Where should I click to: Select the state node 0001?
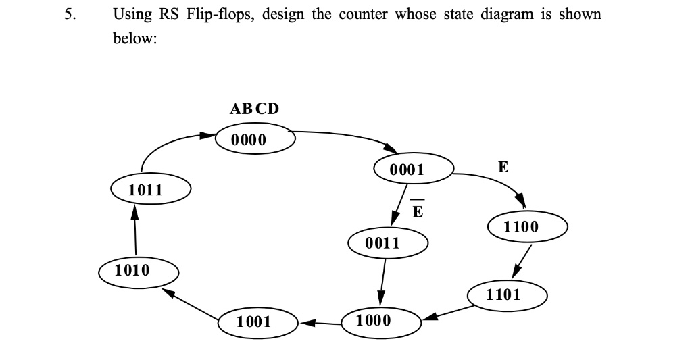click(413, 170)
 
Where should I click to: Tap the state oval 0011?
click(388, 242)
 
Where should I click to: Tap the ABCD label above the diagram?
click(254, 109)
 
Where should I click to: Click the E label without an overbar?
click(502, 167)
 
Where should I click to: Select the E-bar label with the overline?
click(418, 211)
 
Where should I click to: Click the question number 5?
click(68, 14)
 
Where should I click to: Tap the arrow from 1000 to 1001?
click(320, 322)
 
